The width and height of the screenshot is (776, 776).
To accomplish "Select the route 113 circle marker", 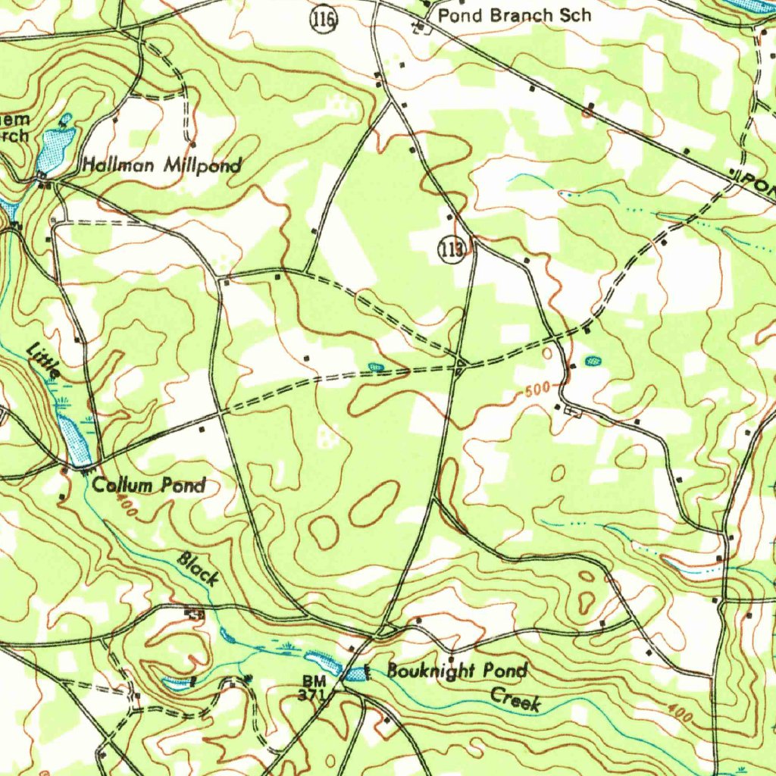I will point(452,251).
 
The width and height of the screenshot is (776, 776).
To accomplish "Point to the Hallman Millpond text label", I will point(162,165).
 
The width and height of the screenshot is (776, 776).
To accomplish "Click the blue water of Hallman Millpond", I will point(55,149).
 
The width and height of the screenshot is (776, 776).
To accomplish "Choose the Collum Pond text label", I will point(149,485).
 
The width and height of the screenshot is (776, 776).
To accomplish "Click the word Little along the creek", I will point(44,361).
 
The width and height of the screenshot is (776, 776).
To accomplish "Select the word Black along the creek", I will point(199,568).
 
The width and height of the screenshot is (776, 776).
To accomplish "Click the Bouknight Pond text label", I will point(457,671).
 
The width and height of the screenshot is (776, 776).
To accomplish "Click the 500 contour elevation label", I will point(537,390).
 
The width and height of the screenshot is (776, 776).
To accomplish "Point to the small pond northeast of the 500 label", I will point(593,361).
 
